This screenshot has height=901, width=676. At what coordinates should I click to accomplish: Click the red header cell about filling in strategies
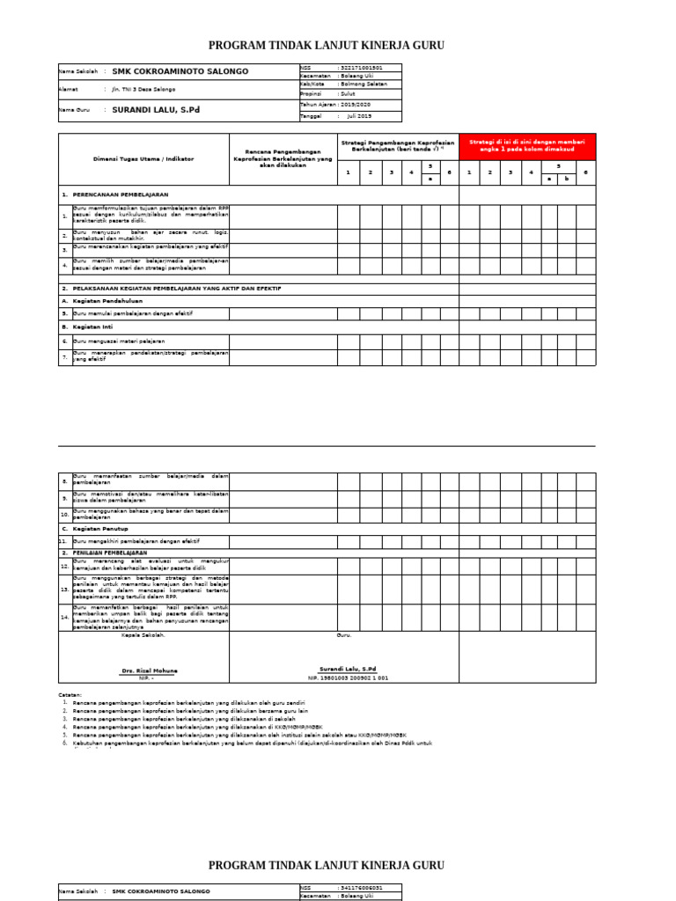click(526, 146)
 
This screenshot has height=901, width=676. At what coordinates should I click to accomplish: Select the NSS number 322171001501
click(367, 68)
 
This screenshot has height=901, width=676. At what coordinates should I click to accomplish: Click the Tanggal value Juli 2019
click(359, 116)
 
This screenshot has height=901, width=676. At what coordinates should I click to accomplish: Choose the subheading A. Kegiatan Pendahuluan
click(99, 301)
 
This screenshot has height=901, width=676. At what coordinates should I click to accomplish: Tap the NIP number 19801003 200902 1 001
click(348, 678)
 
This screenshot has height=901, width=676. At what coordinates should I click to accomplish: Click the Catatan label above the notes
click(70, 694)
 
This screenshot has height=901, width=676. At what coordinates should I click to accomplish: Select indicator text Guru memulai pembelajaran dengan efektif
click(132, 313)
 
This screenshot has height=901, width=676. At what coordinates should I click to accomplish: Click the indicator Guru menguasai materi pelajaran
click(119, 341)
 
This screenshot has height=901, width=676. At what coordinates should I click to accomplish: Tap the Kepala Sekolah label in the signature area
click(143, 634)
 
